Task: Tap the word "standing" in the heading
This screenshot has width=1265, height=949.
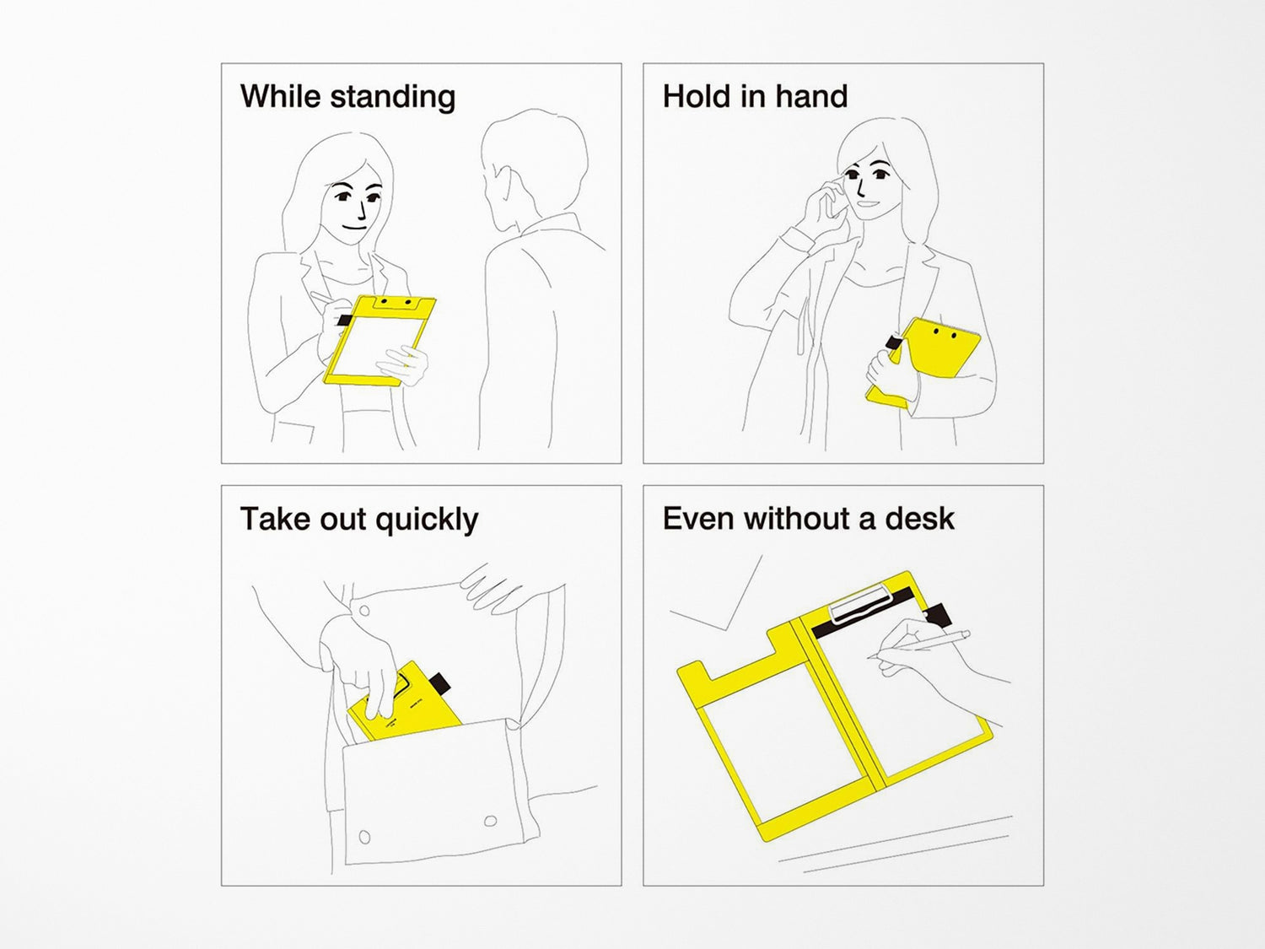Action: pyautogui.click(x=393, y=97)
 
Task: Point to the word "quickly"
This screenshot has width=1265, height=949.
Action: pyautogui.click(x=427, y=520)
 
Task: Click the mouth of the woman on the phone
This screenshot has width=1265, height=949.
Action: pyautogui.click(x=866, y=203)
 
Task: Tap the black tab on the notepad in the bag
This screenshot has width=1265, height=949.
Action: pyautogui.click(x=439, y=682)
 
